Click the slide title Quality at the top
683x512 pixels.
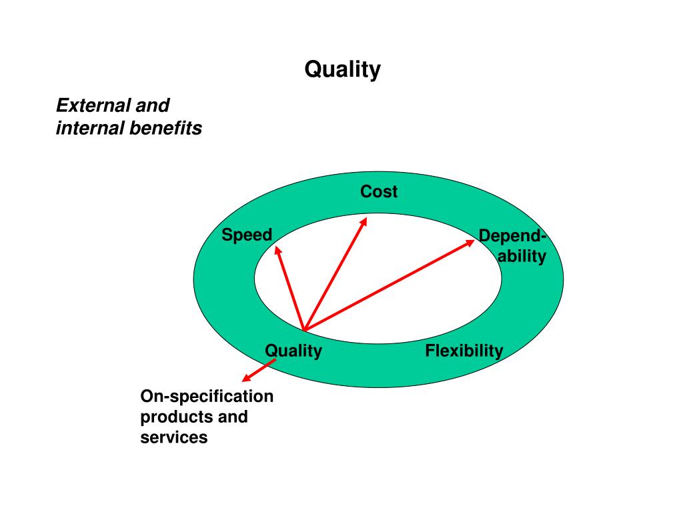pyautogui.click(x=342, y=69)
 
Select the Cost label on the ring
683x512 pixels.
pyautogui.click(x=379, y=192)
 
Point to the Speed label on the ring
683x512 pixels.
pyautogui.click(x=247, y=235)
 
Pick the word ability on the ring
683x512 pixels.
pyautogui.click(x=522, y=256)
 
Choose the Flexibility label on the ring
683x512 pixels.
pyautogui.click(x=464, y=351)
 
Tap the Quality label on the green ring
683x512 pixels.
pyautogui.click(x=293, y=351)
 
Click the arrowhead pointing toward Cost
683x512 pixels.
pyautogui.click(x=364, y=221)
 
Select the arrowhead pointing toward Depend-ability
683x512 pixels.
pyautogui.click(x=470, y=242)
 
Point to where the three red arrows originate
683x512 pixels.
pyautogui.click(x=303, y=329)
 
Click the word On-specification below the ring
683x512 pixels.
pyautogui.click(x=207, y=397)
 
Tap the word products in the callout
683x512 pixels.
pyautogui.click(x=173, y=417)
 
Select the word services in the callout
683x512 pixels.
pyautogui.click(x=173, y=437)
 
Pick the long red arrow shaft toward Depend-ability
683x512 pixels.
pyautogui.click(x=387, y=285)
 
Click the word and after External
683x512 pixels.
pyautogui.click(x=153, y=105)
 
